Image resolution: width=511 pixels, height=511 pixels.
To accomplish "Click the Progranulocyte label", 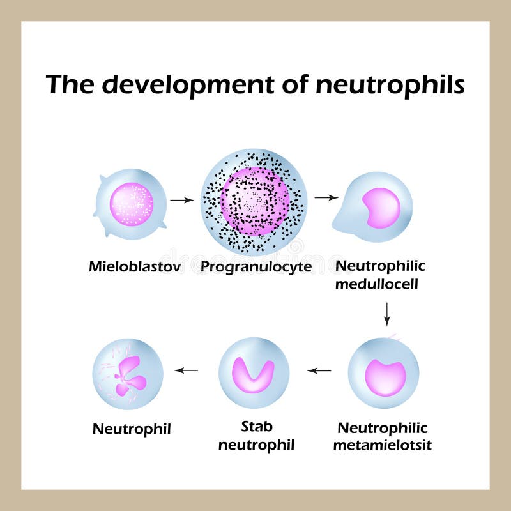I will pyautogui.click(x=256, y=267).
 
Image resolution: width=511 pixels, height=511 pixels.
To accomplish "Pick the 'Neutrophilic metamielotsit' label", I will pyautogui.click(x=383, y=436).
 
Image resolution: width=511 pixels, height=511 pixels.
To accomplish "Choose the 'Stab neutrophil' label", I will pyautogui.click(x=256, y=436).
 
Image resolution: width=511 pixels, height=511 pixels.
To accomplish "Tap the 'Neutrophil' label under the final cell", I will pyautogui.click(x=132, y=429).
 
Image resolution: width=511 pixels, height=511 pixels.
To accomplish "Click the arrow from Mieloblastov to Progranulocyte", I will pyautogui.click(x=182, y=201).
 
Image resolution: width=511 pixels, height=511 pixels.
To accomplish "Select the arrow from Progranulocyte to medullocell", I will pyautogui.click(x=326, y=198).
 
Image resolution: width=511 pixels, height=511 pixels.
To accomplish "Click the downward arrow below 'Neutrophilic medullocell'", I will pyautogui.click(x=386, y=313).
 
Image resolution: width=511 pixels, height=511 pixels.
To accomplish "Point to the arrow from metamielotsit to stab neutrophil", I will pyautogui.click(x=319, y=370).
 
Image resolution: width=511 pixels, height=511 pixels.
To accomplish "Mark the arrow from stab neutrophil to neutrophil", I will pyautogui.click(x=187, y=370).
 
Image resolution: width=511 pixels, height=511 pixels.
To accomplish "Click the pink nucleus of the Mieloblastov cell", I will pyautogui.click(x=132, y=204).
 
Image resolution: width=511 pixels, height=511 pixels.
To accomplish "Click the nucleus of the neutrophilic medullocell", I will pyautogui.click(x=381, y=208).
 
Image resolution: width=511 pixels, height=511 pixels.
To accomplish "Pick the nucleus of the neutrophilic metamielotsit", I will pyautogui.click(x=385, y=377).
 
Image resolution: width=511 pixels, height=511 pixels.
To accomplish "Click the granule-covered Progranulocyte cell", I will pyautogui.click(x=254, y=201).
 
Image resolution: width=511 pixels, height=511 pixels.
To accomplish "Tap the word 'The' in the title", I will pyautogui.click(x=68, y=86).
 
